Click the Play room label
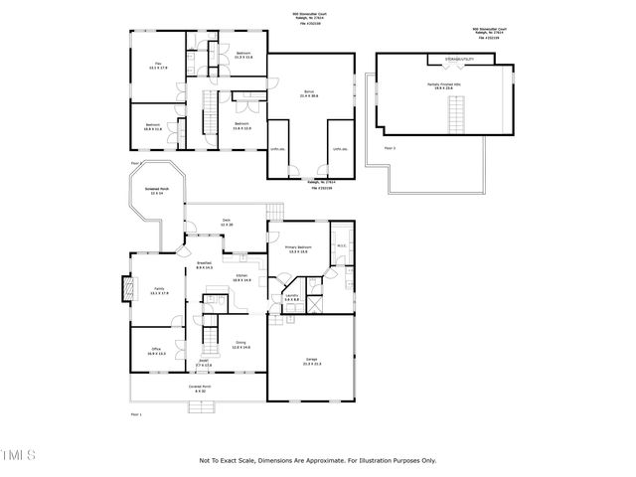point(154,67)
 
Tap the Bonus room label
point(308,93)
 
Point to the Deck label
point(227,223)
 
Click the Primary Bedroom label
point(301,249)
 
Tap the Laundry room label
point(292,297)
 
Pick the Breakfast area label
point(205,265)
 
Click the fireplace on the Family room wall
point(126,290)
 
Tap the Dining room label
point(240,344)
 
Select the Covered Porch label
point(200,389)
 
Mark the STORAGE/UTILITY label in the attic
point(459,60)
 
